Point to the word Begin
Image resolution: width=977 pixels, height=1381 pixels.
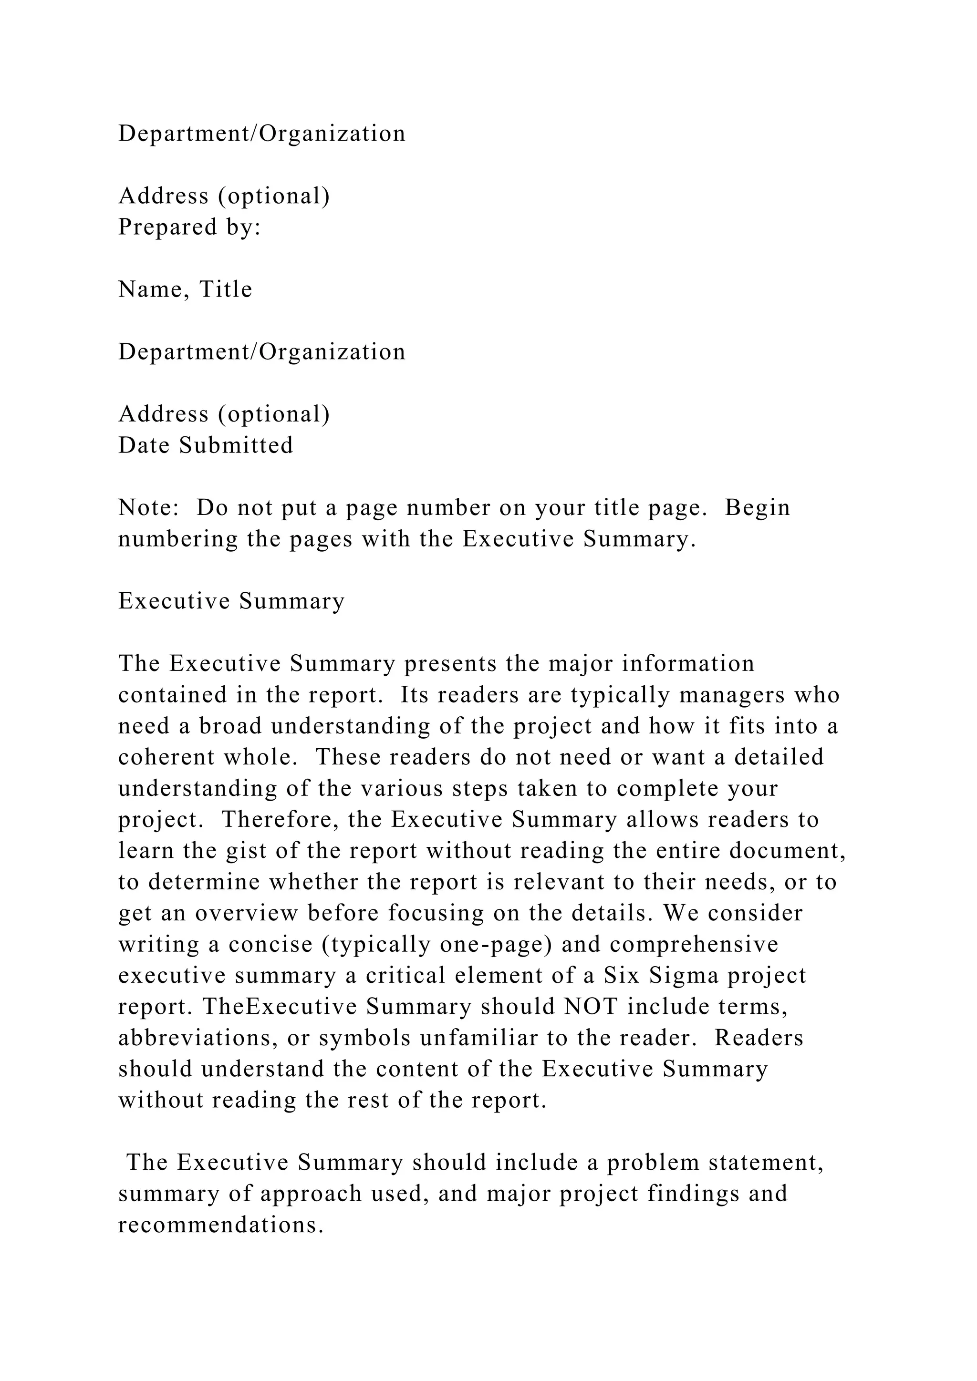(x=757, y=508)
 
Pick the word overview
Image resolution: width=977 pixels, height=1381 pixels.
(x=247, y=914)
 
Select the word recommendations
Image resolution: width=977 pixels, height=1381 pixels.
(x=221, y=1225)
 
